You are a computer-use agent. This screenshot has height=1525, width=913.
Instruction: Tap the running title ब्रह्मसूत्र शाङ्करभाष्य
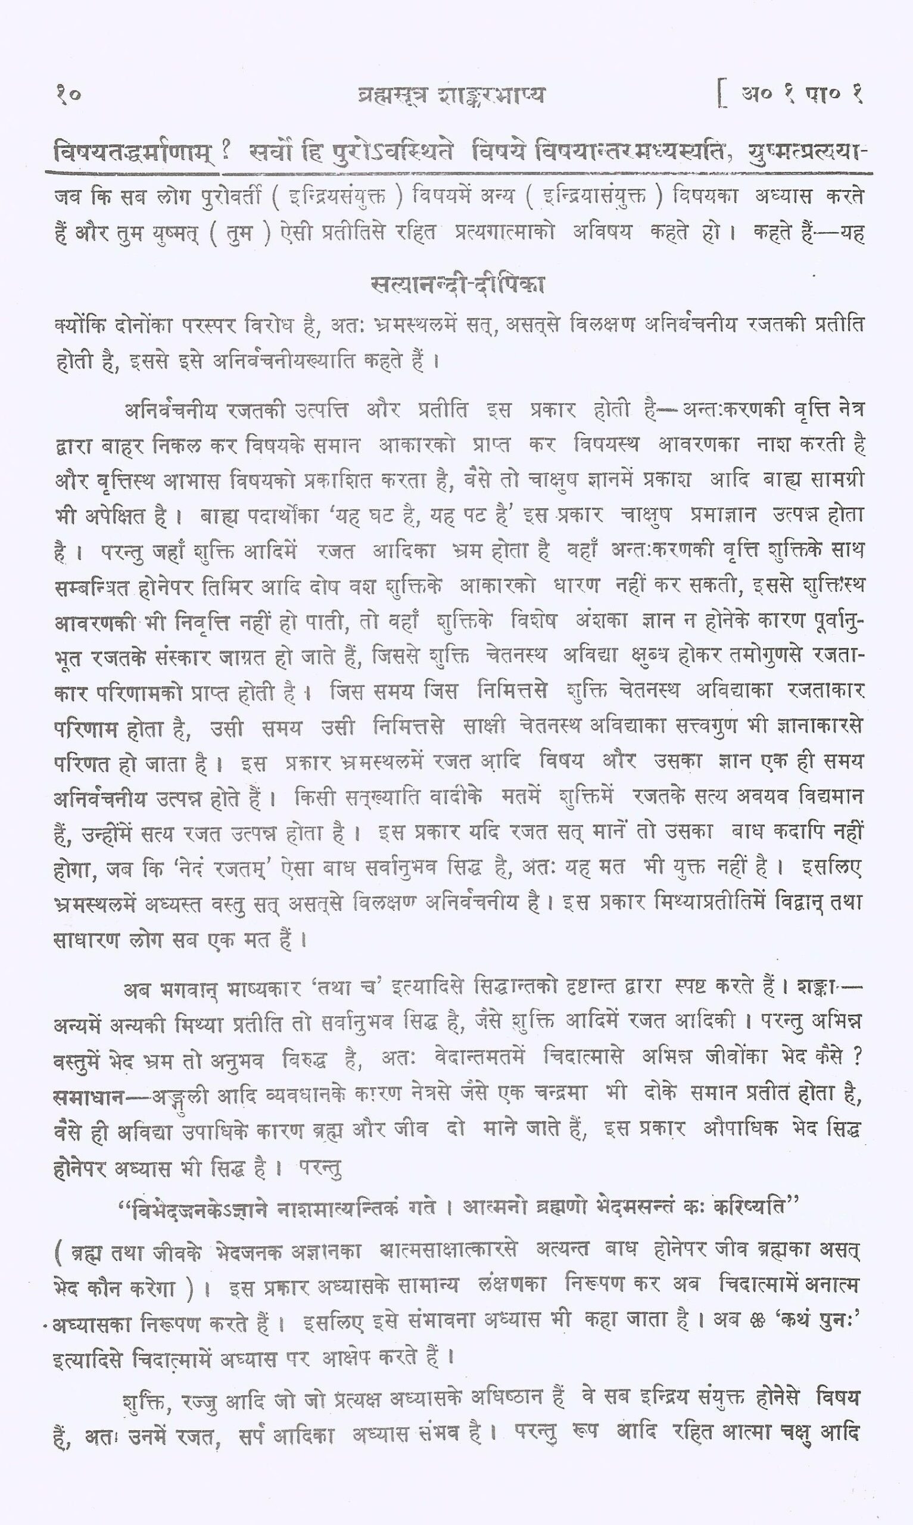pyautogui.click(x=451, y=97)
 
